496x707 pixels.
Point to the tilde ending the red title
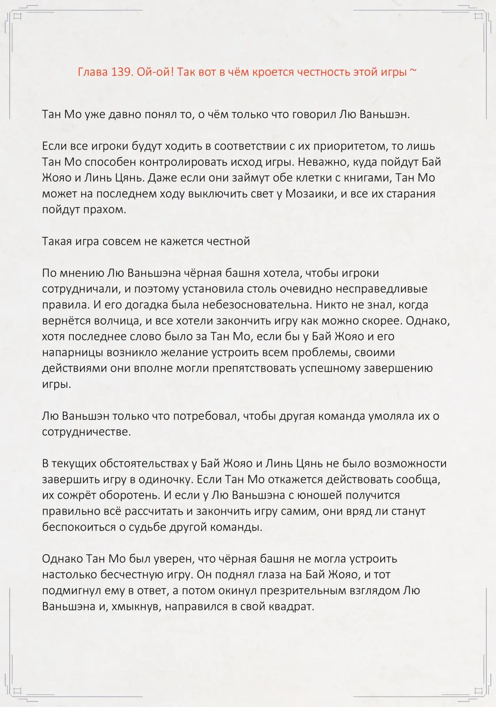(413, 72)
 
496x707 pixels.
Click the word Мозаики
(309, 194)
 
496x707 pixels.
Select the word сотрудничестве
(86, 432)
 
